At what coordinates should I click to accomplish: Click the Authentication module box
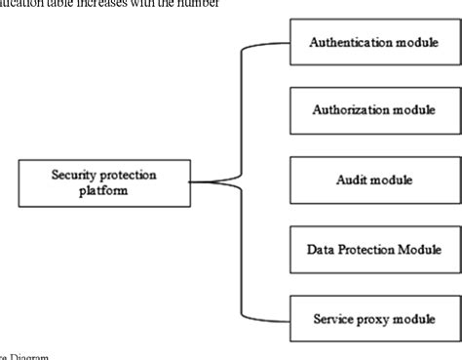(x=374, y=43)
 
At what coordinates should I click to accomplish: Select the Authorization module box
(x=374, y=111)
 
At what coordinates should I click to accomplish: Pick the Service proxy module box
(x=374, y=318)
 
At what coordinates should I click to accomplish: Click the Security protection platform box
(x=103, y=182)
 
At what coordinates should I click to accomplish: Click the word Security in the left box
(x=75, y=175)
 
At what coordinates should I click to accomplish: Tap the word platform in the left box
(x=103, y=191)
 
